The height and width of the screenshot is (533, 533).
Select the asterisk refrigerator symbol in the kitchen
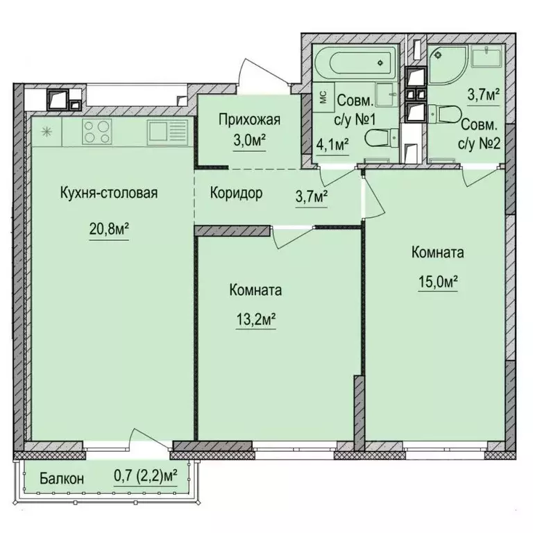46,130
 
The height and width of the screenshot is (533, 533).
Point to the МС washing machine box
323,96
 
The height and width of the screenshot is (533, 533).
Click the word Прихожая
249,119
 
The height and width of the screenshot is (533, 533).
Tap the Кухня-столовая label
108,193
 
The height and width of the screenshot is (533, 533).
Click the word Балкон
62,478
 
